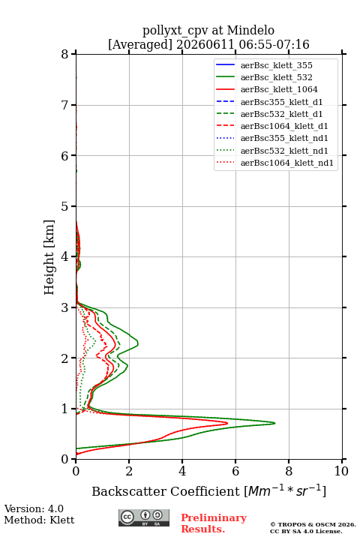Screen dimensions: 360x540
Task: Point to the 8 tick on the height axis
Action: click(73, 54)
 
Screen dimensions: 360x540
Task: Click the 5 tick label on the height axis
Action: click(64, 206)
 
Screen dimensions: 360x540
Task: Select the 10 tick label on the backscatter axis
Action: click(341, 471)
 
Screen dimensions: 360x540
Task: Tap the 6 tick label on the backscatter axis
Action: click(235, 471)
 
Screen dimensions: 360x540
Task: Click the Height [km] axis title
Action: click(49, 257)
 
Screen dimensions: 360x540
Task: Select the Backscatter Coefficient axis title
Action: click(208, 490)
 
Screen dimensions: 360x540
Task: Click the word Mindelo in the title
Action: click(250, 30)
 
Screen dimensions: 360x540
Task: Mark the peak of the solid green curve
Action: click(274, 423)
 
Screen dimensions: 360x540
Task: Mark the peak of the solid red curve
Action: click(227, 423)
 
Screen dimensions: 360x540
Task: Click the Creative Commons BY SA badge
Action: click(144, 517)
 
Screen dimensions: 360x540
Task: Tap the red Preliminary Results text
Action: click(214, 523)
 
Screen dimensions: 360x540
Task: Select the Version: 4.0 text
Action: click(34, 508)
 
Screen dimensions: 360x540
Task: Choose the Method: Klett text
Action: click(39, 520)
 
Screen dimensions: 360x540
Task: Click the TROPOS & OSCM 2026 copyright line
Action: click(313, 524)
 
